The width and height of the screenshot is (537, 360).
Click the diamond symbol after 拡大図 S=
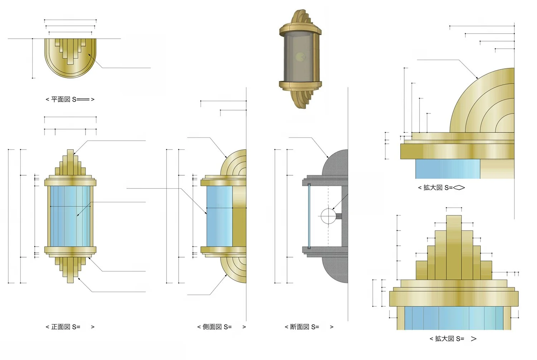coord(459,188)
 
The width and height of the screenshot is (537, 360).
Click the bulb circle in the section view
coord(327,216)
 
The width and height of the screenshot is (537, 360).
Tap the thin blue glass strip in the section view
coord(309,216)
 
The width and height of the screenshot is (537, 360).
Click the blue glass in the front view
coord(70,216)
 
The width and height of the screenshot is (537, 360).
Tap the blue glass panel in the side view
coord(219,216)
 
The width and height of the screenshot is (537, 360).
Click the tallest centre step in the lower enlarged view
coord(454,247)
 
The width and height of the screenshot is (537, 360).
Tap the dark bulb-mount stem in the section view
coord(339,216)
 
